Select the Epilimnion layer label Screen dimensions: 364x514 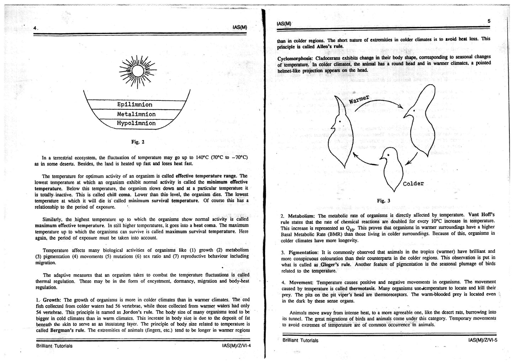click(x=135, y=104)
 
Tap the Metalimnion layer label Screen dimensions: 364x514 click(x=136, y=114)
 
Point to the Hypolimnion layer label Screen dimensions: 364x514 click(x=136, y=123)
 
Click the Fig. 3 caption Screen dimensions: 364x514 click(x=383, y=201)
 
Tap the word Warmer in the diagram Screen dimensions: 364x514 click(x=359, y=99)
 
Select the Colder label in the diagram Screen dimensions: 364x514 click(x=413, y=184)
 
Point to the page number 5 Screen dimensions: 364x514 click(x=489, y=21)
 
